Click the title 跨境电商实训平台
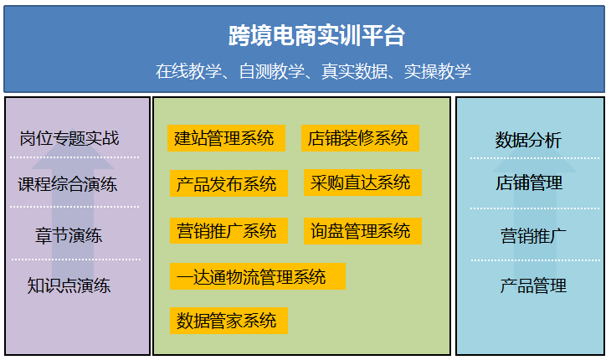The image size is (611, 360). [316, 35]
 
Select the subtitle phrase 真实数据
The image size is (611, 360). [354, 71]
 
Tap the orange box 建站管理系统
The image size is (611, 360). [226, 138]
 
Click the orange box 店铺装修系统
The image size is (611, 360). [360, 138]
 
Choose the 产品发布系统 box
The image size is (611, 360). [228, 183]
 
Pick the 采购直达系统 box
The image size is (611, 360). [362, 183]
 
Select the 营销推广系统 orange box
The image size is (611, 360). [228, 230]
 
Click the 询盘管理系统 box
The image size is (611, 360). [362, 231]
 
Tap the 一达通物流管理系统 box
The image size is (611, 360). [258, 276]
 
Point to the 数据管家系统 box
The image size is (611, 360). [228, 321]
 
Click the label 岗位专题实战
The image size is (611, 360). [69, 138]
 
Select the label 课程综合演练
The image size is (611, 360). [68, 184]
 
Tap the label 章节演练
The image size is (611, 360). [69, 235]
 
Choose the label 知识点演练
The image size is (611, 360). [69, 285]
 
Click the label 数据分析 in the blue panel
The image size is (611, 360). [528, 140]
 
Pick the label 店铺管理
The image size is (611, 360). [529, 183]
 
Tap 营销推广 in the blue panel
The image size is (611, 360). [533, 236]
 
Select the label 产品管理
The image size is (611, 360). [533, 285]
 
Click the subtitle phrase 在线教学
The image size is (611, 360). [188, 71]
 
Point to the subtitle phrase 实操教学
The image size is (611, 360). [437, 71]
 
